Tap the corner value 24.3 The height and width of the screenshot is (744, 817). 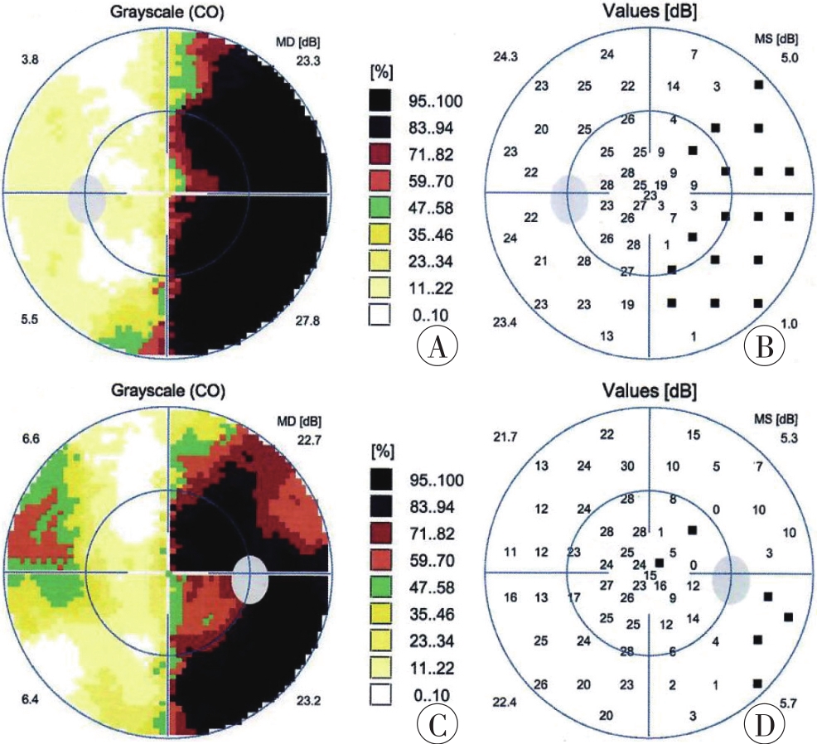pos(505,57)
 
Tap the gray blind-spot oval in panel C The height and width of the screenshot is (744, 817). pos(250,579)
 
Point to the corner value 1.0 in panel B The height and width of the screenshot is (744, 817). pos(788,324)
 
